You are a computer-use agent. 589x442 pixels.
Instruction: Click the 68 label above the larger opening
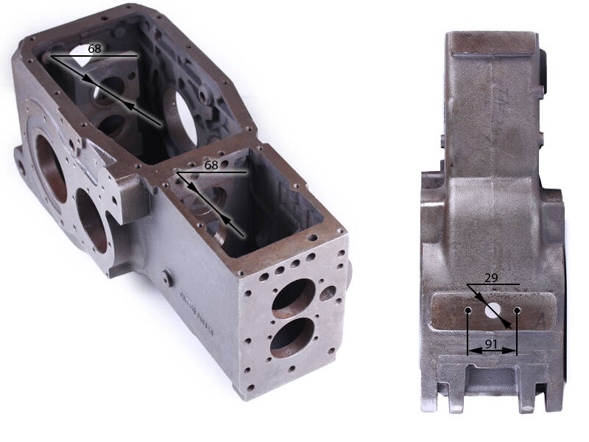click(x=95, y=49)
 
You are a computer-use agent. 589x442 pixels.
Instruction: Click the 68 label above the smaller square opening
click(x=211, y=165)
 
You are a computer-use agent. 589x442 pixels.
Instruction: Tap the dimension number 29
click(x=491, y=278)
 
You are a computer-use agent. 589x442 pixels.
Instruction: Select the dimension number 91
click(x=492, y=343)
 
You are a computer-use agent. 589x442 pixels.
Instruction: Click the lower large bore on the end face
click(x=292, y=338)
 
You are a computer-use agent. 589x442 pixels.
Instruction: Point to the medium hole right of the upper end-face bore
click(x=328, y=293)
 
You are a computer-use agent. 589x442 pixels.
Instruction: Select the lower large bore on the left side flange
click(x=91, y=220)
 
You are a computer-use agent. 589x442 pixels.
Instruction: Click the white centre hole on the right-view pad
click(x=493, y=309)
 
